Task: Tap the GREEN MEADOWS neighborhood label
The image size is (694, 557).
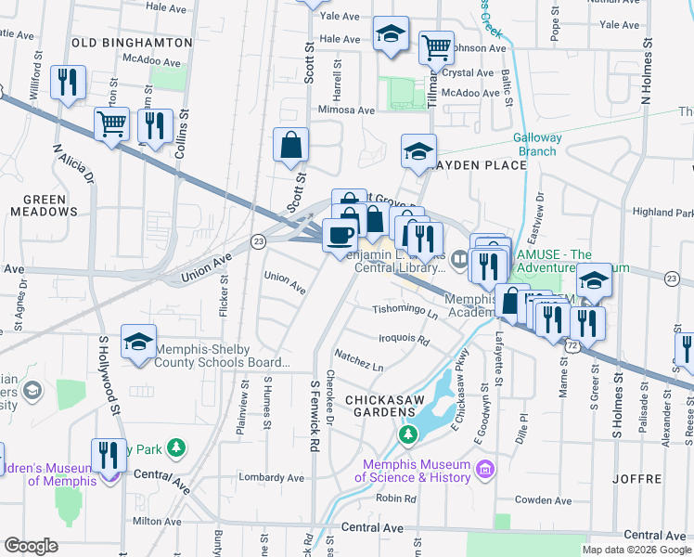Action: tap(45, 205)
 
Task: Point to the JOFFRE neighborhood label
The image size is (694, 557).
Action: tap(637, 479)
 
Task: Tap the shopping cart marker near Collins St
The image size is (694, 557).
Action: tap(111, 123)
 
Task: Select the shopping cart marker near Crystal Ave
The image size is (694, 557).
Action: tap(436, 46)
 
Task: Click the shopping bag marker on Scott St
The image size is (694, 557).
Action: tap(290, 144)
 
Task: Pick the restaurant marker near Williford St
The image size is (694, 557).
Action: tap(68, 82)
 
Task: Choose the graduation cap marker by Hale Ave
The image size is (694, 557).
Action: tap(392, 33)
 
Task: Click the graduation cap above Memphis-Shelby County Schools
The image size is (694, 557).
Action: tap(138, 341)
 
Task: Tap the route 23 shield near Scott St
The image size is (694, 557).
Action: tap(259, 241)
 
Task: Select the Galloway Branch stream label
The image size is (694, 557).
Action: tap(537, 144)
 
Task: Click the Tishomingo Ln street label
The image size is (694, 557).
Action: tap(405, 315)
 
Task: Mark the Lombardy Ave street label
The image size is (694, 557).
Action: tap(271, 478)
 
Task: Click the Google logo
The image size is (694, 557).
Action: tap(32, 546)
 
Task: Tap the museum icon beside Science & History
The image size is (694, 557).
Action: tap(482, 471)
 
